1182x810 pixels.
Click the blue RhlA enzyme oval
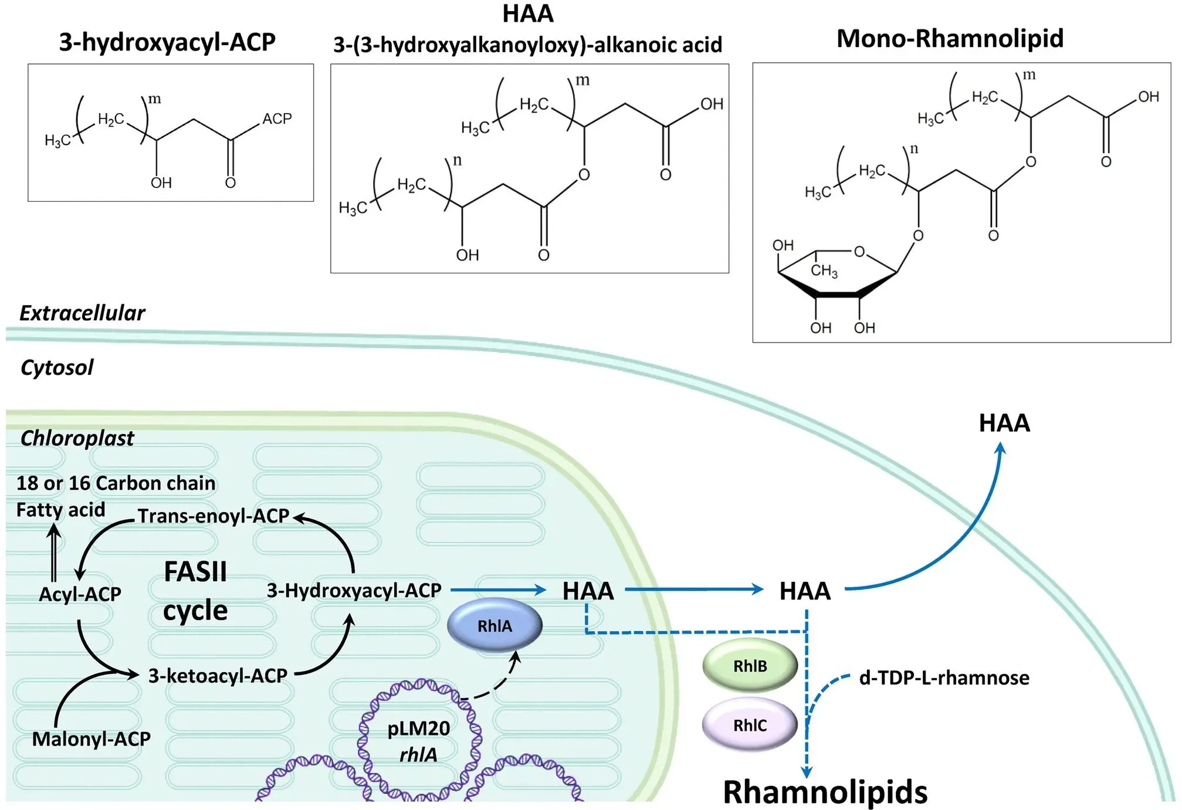[495, 625]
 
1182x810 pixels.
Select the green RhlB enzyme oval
[750, 666]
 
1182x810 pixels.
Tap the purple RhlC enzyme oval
[750, 725]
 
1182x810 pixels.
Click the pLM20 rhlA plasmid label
[418, 741]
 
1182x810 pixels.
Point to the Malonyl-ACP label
[91, 738]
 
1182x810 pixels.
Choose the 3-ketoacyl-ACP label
[218, 675]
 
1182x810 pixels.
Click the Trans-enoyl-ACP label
[214, 516]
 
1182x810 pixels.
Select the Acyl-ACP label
[80, 594]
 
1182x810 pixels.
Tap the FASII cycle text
[195, 591]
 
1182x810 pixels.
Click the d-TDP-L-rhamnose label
[944, 677]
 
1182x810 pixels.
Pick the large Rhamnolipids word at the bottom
[825, 791]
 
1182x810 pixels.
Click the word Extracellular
[82, 313]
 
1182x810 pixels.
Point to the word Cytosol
[57, 367]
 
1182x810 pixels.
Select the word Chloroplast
[77, 438]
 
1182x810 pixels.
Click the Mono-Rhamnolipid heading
[950, 39]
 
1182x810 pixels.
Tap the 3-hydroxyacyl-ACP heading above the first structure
[167, 42]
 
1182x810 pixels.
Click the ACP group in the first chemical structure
[277, 119]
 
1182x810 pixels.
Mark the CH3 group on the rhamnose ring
[824, 270]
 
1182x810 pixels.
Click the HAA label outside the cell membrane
[1004, 423]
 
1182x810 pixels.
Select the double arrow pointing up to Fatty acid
[54, 553]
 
